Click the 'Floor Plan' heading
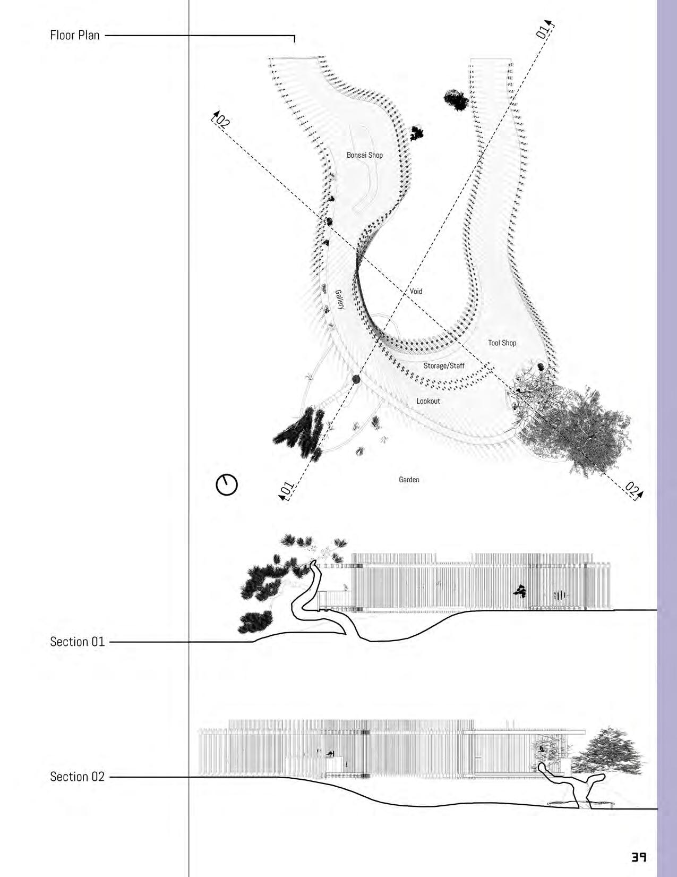tap(75, 36)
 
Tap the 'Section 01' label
tap(78, 642)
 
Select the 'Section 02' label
tap(78, 777)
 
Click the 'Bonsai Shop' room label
tap(365, 155)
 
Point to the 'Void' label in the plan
tap(416, 291)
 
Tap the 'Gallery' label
tap(340, 300)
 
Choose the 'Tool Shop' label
tap(502, 343)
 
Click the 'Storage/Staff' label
tap(444, 365)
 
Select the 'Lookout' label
tap(428, 401)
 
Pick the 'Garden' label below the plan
tap(409, 480)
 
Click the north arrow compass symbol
tap(227, 484)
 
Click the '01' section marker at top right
tap(543, 31)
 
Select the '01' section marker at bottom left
tap(286, 490)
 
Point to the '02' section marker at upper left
tap(221, 121)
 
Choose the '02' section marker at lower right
tap(633, 490)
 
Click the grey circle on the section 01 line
tap(356, 379)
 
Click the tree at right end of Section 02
tap(613, 754)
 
